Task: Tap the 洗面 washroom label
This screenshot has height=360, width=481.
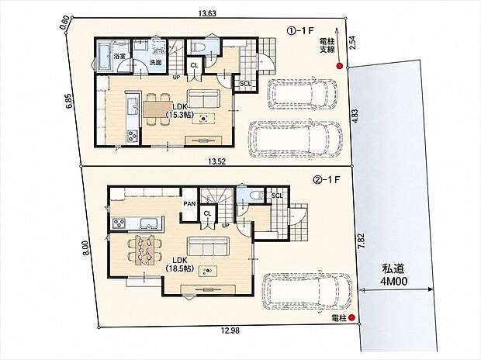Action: (x=155, y=61)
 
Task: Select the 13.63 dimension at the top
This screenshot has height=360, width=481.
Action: (x=207, y=13)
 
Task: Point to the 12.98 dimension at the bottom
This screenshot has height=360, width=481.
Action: (x=230, y=331)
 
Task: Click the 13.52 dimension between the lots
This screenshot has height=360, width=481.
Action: (x=217, y=161)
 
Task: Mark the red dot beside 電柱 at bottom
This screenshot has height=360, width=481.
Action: (x=352, y=318)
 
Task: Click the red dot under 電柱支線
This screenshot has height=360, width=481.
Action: (x=340, y=66)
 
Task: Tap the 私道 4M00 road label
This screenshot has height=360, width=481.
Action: (x=393, y=275)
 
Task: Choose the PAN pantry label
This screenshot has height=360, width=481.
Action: (x=190, y=203)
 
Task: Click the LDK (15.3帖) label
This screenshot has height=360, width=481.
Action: (x=180, y=111)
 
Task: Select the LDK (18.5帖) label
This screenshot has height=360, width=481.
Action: (x=180, y=264)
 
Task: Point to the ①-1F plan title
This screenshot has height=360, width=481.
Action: (x=300, y=30)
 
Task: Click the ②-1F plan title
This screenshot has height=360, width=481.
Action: (x=327, y=180)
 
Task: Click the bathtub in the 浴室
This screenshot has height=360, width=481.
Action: (x=106, y=56)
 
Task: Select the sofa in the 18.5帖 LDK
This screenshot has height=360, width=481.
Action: (x=208, y=245)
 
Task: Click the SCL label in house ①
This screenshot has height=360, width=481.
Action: (x=245, y=84)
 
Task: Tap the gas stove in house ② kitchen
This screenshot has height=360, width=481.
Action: (x=119, y=223)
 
